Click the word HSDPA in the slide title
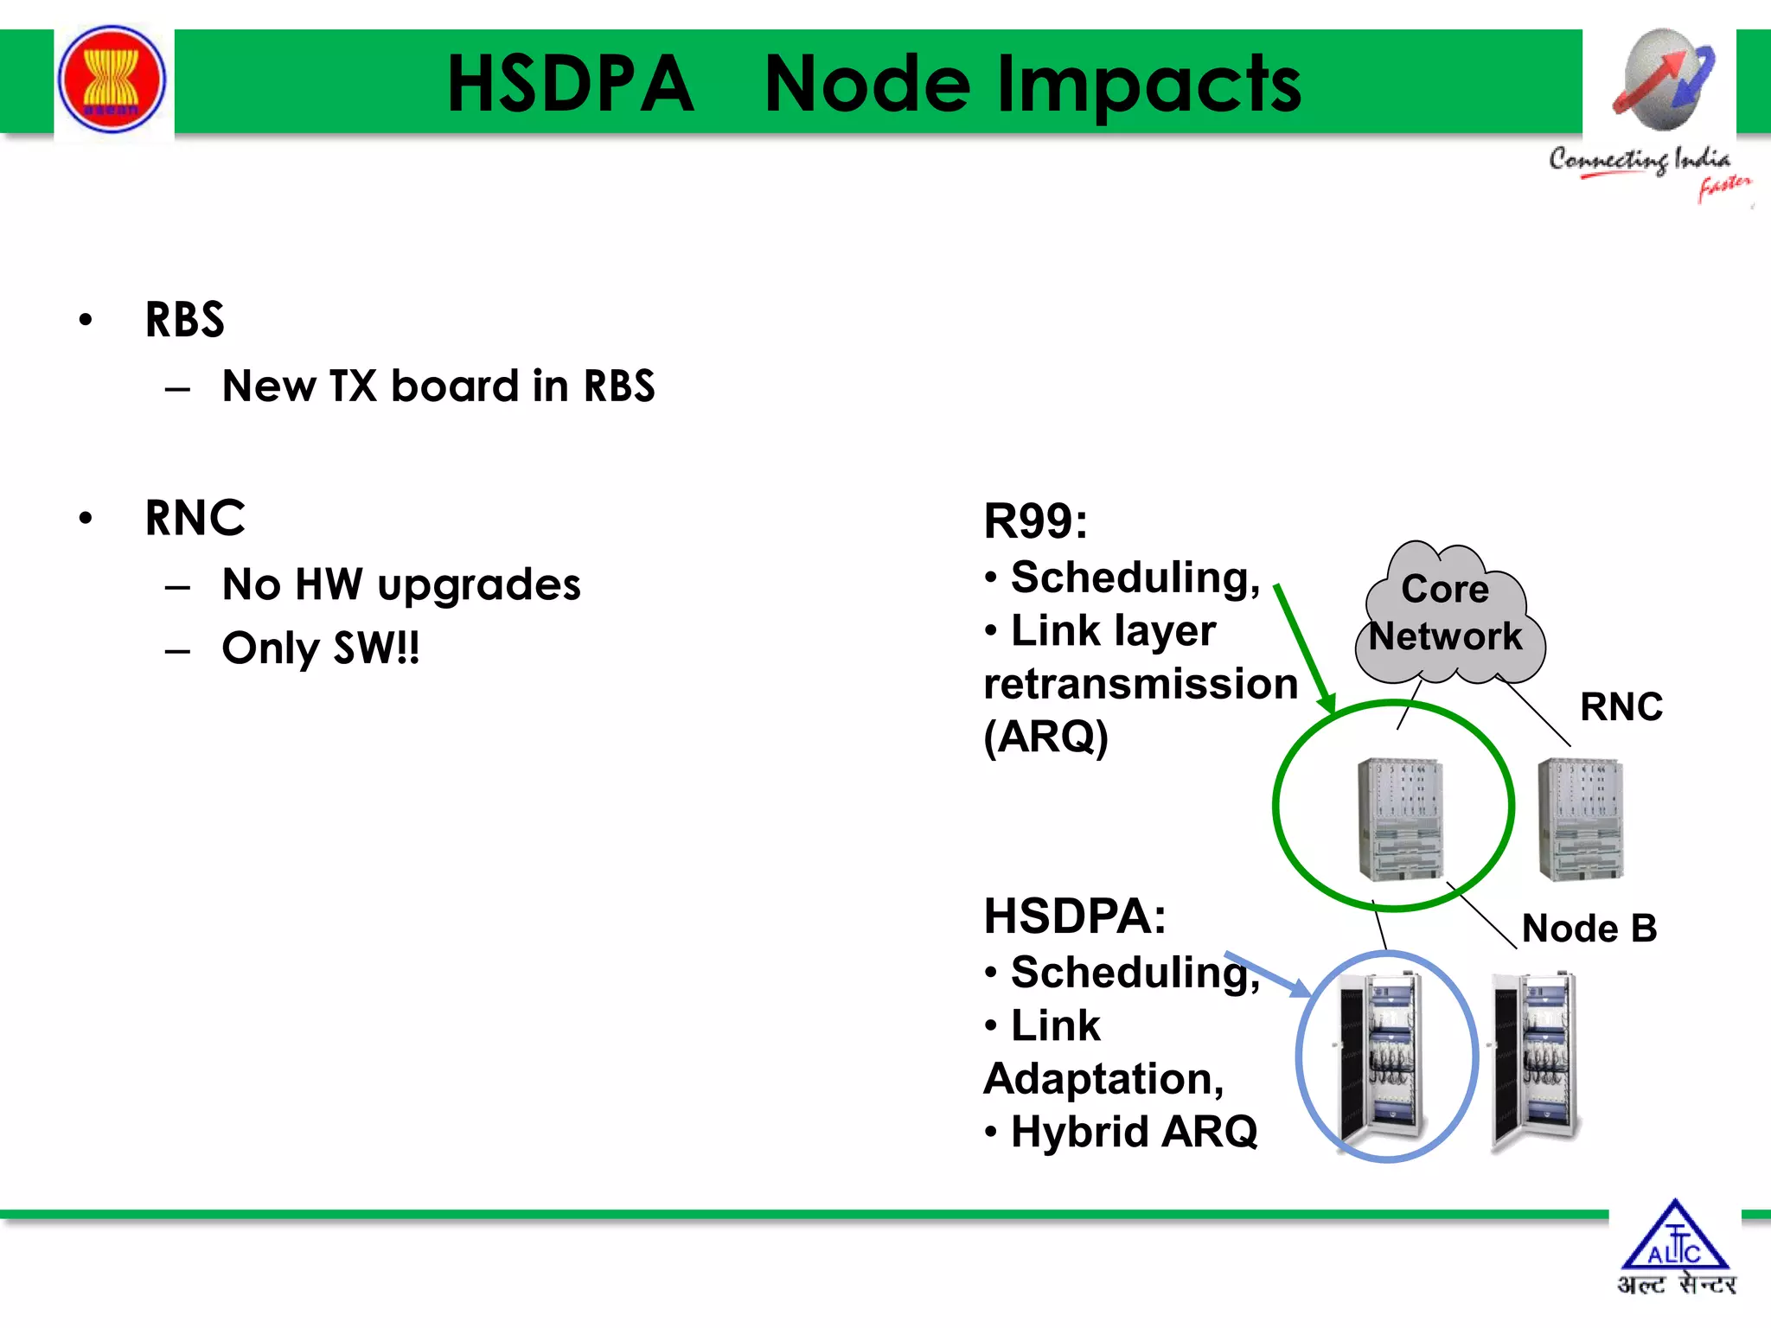(571, 84)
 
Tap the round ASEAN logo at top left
(112, 80)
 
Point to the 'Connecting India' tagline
(1640, 160)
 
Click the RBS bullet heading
(184, 320)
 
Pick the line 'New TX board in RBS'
(438, 386)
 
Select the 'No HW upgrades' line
(401, 584)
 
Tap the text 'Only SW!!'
(321, 648)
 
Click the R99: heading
(1035, 521)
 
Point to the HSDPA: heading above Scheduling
(1075, 916)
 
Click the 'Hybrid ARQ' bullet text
(1134, 1131)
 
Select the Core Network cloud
(1446, 614)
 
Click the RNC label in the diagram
(1621, 706)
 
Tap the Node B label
(1589, 929)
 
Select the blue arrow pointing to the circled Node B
(1268, 974)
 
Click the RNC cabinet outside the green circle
(1581, 819)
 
